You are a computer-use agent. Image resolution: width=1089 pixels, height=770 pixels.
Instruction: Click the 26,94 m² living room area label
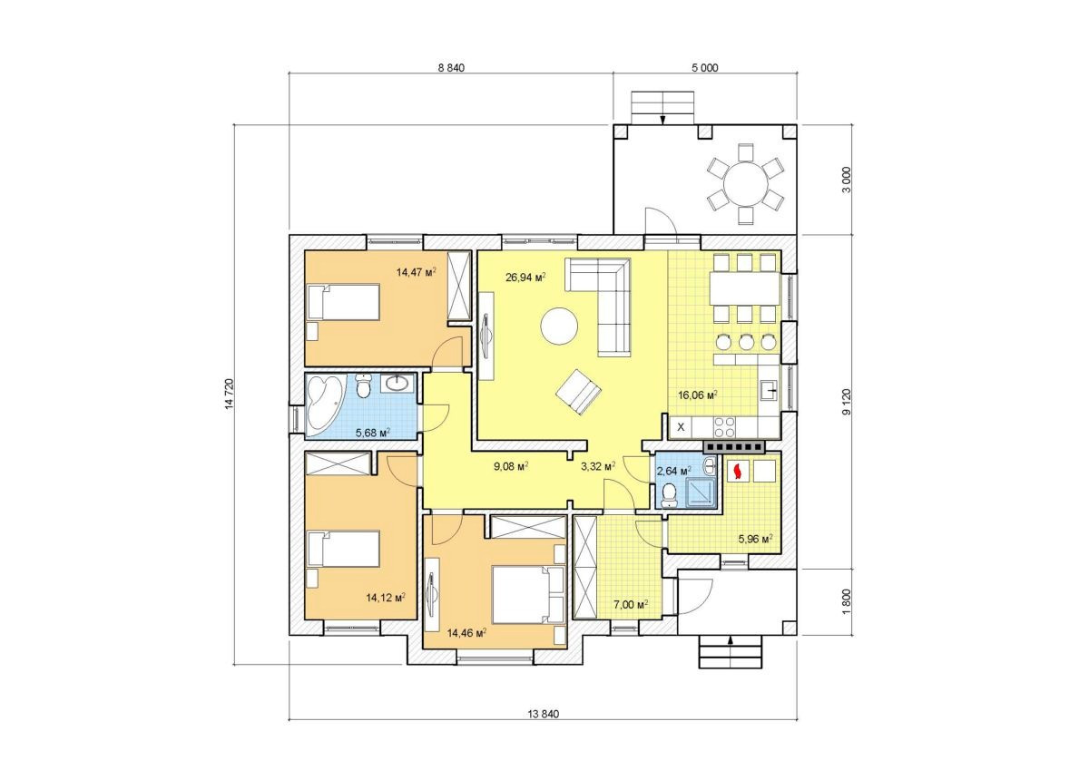coord(525,278)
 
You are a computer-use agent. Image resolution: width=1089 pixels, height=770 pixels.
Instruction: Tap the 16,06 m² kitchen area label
coord(698,395)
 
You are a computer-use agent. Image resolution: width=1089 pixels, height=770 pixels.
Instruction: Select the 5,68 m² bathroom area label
coord(373,433)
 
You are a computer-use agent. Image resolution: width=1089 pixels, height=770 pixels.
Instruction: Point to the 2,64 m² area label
coord(674,471)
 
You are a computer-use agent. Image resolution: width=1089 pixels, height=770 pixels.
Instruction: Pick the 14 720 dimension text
coord(230,395)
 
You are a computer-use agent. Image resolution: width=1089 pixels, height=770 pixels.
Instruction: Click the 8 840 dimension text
coord(451,68)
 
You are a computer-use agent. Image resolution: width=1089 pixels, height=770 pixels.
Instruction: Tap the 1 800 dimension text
coord(847,602)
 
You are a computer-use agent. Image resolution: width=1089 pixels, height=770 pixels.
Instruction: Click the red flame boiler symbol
coord(738,472)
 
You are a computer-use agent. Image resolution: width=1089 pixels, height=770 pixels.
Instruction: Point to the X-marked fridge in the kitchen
coord(681,427)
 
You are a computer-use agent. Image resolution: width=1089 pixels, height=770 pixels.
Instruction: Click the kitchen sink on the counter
coord(769,390)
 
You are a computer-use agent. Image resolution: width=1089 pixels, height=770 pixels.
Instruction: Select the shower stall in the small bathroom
coord(701,492)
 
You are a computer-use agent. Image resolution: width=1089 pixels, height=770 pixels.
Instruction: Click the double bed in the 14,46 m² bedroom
coord(528,594)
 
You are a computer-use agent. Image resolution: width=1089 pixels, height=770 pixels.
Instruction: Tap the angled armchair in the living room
coord(578,393)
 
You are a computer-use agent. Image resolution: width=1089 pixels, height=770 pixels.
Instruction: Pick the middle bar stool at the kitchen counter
coord(746,342)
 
